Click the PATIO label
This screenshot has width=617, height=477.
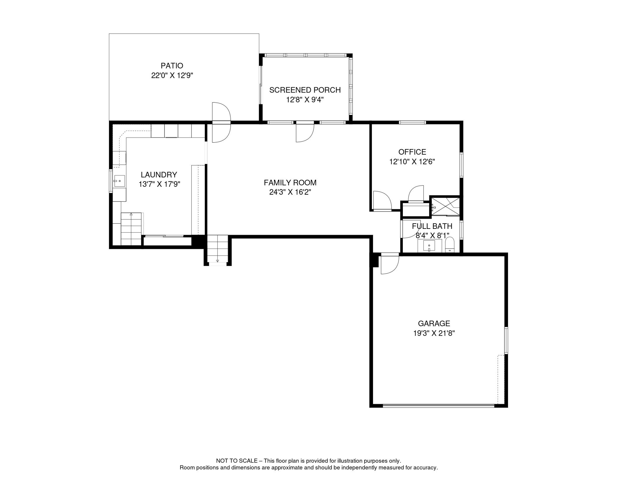pyautogui.click(x=172, y=66)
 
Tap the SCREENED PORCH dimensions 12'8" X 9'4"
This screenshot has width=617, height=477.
pyautogui.click(x=305, y=100)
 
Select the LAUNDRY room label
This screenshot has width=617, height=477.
pyautogui.click(x=159, y=175)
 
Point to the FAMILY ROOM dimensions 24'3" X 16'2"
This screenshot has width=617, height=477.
pyautogui.click(x=290, y=192)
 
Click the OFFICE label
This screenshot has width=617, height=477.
pyautogui.click(x=412, y=152)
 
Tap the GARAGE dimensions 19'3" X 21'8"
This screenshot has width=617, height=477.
pyautogui.click(x=434, y=333)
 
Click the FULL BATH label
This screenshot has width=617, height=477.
pyautogui.click(x=432, y=226)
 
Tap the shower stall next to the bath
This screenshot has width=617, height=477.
pyautogui.click(x=446, y=206)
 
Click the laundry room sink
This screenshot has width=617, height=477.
pyautogui.click(x=119, y=181)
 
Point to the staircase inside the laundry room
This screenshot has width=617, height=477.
pyautogui.click(x=131, y=229)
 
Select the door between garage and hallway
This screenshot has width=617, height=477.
pyautogui.click(x=389, y=263)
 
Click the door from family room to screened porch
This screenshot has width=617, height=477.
pyautogui.click(x=305, y=132)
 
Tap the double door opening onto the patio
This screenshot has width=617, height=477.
pyautogui.click(x=221, y=122)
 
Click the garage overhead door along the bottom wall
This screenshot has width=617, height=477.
pyautogui.click(x=438, y=405)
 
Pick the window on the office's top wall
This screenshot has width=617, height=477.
pyautogui.click(x=412, y=122)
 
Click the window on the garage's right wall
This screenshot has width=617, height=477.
pyautogui.click(x=506, y=340)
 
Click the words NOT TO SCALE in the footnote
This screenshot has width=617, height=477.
pyautogui.click(x=236, y=461)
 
